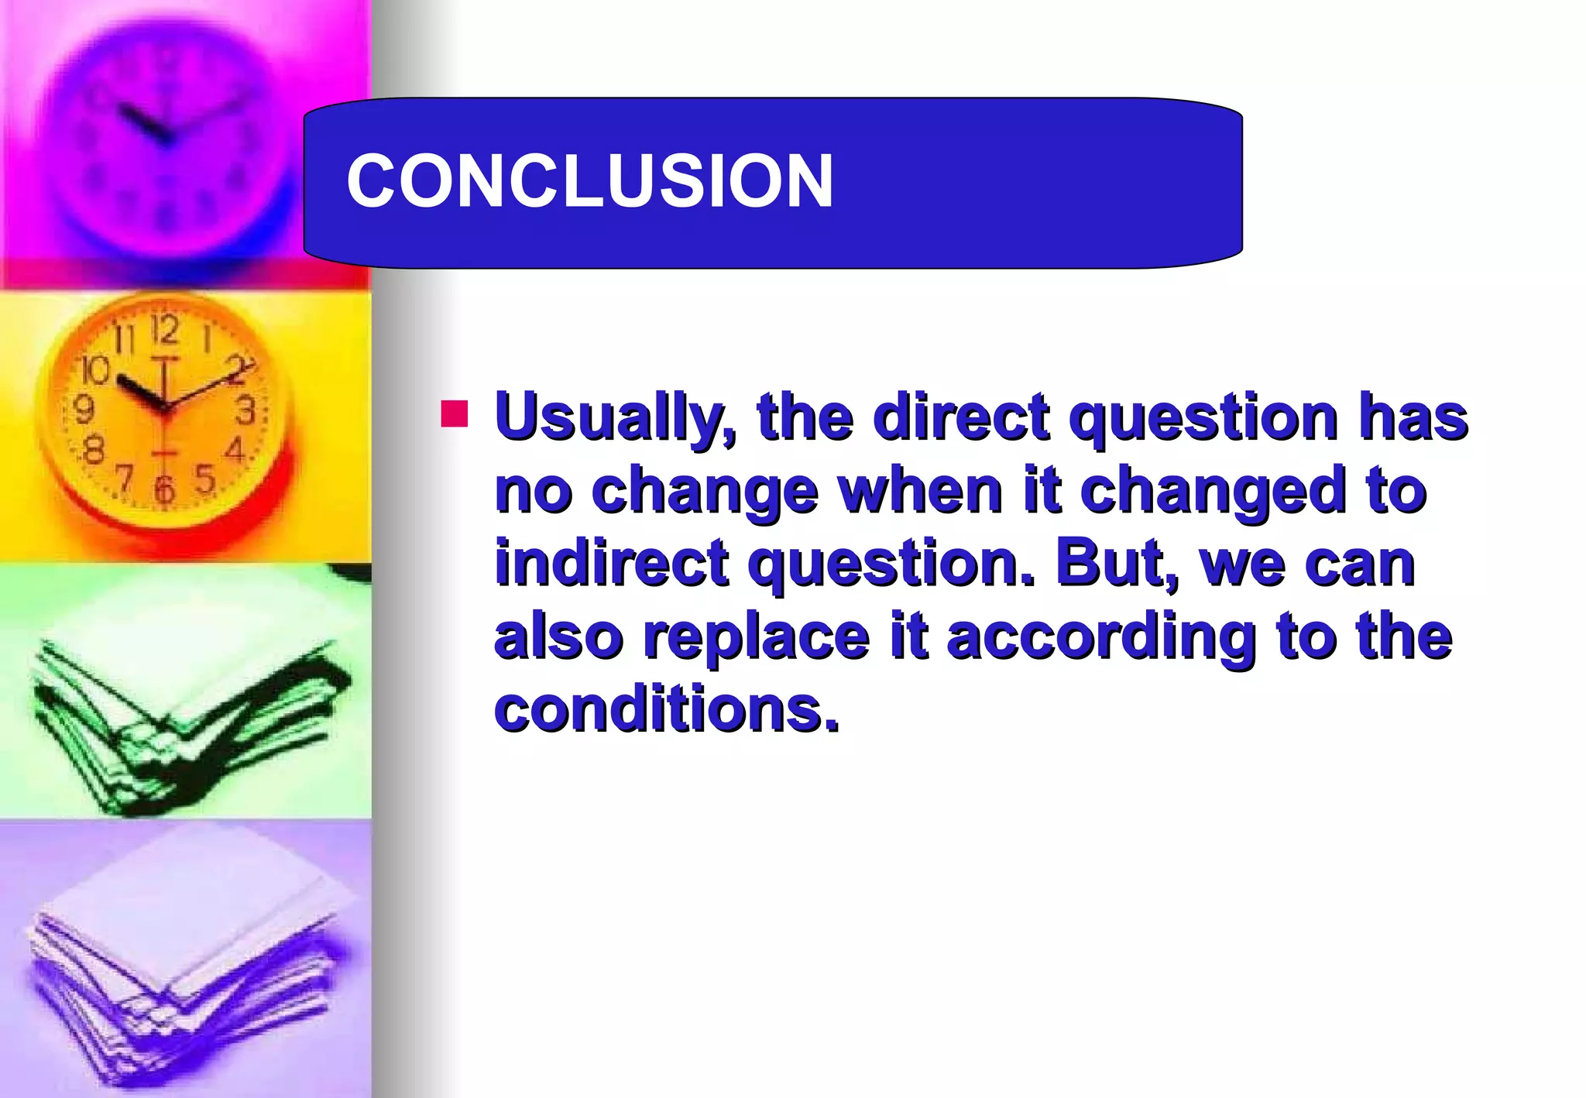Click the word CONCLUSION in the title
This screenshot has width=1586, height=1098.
point(589,180)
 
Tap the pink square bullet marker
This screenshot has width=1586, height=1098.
point(455,413)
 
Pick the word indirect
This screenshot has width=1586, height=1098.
point(612,563)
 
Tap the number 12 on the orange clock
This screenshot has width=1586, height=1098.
point(165,331)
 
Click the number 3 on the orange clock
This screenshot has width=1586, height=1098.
point(245,410)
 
